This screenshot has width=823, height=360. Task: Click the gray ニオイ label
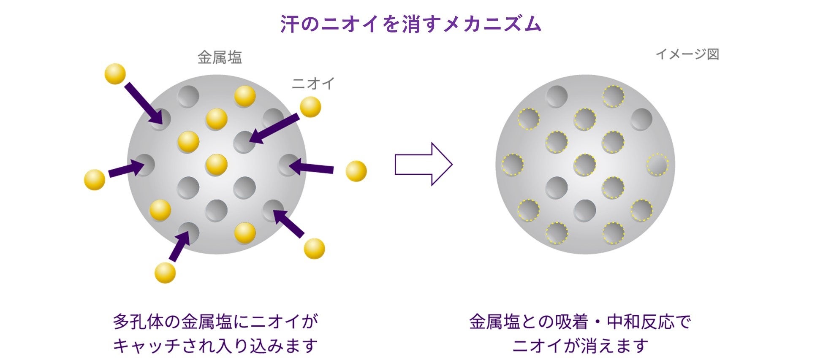(x=313, y=84)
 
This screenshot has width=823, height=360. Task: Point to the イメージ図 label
(x=687, y=54)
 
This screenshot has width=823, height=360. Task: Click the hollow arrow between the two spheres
(x=424, y=164)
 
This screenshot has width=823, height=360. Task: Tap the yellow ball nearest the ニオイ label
(x=310, y=107)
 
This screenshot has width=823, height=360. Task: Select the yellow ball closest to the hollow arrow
(x=356, y=171)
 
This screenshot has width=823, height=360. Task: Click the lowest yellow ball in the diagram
(x=165, y=272)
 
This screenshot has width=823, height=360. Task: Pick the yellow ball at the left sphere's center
(x=216, y=164)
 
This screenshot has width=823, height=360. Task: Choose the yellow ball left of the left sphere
(x=95, y=180)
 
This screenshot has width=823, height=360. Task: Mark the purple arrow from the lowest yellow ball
(x=179, y=246)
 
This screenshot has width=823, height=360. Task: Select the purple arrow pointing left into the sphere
(x=312, y=167)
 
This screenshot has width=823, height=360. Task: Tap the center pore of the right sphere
(x=585, y=165)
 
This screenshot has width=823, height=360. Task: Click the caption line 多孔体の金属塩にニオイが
(x=215, y=322)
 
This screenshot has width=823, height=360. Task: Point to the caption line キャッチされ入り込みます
(x=215, y=346)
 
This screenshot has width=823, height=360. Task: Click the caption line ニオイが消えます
(x=581, y=346)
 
